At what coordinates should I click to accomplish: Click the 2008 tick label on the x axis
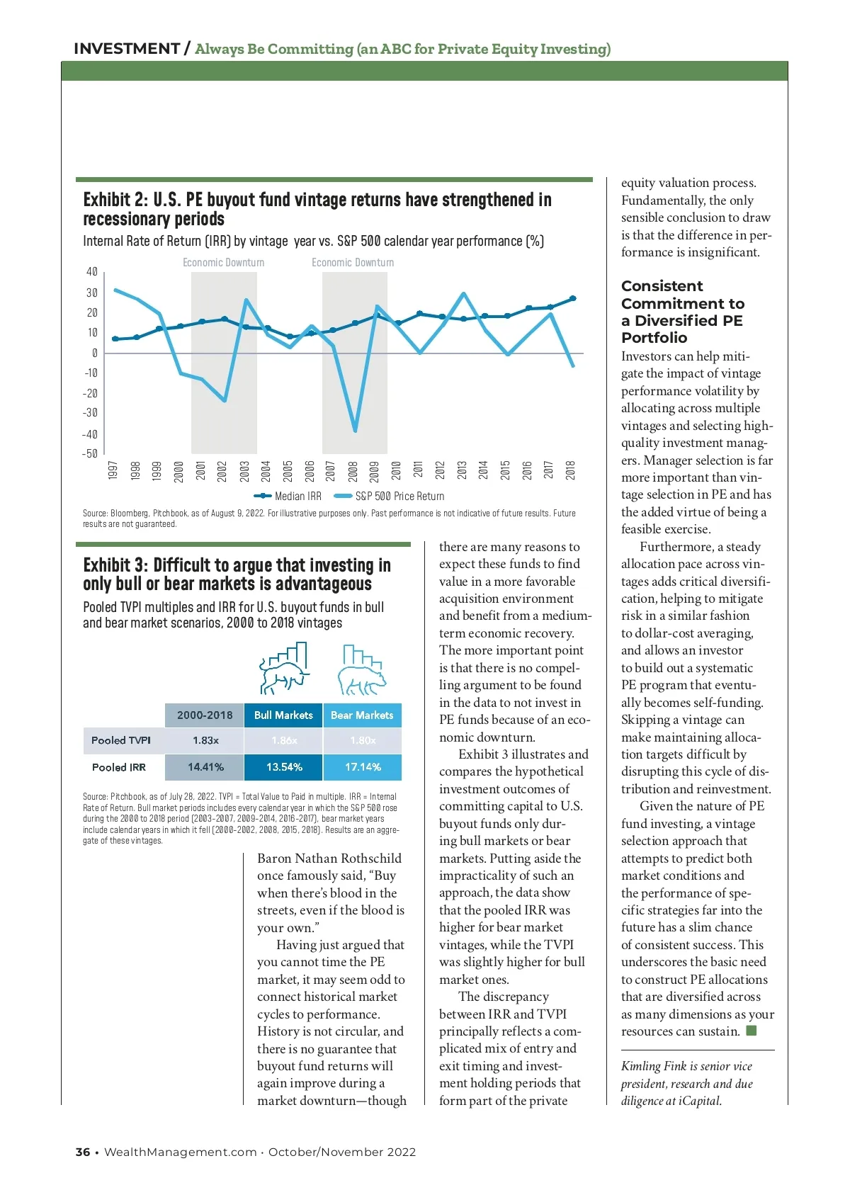(x=353, y=470)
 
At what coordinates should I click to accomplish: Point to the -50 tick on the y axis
(x=91, y=453)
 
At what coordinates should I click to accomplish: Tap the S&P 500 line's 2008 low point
(x=355, y=430)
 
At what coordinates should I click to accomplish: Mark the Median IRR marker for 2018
(x=572, y=298)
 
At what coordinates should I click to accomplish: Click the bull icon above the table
(x=285, y=669)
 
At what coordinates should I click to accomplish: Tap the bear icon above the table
(x=361, y=670)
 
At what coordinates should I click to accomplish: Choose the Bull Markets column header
(x=283, y=715)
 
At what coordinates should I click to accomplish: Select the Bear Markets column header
(x=362, y=715)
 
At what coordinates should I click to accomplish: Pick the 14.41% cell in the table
(x=205, y=767)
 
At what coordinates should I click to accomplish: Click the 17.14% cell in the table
(x=363, y=767)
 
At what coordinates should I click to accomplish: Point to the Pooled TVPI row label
(x=121, y=740)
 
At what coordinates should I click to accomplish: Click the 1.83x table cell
(x=205, y=740)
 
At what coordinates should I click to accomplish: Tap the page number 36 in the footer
(x=83, y=1152)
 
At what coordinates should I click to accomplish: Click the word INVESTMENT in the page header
(x=127, y=49)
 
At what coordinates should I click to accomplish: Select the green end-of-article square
(x=752, y=1031)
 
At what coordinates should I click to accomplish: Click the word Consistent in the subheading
(x=662, y=286)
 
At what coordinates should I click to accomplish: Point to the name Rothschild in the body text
(x=368, y=858)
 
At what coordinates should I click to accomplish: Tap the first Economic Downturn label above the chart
(x=223, y=263)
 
